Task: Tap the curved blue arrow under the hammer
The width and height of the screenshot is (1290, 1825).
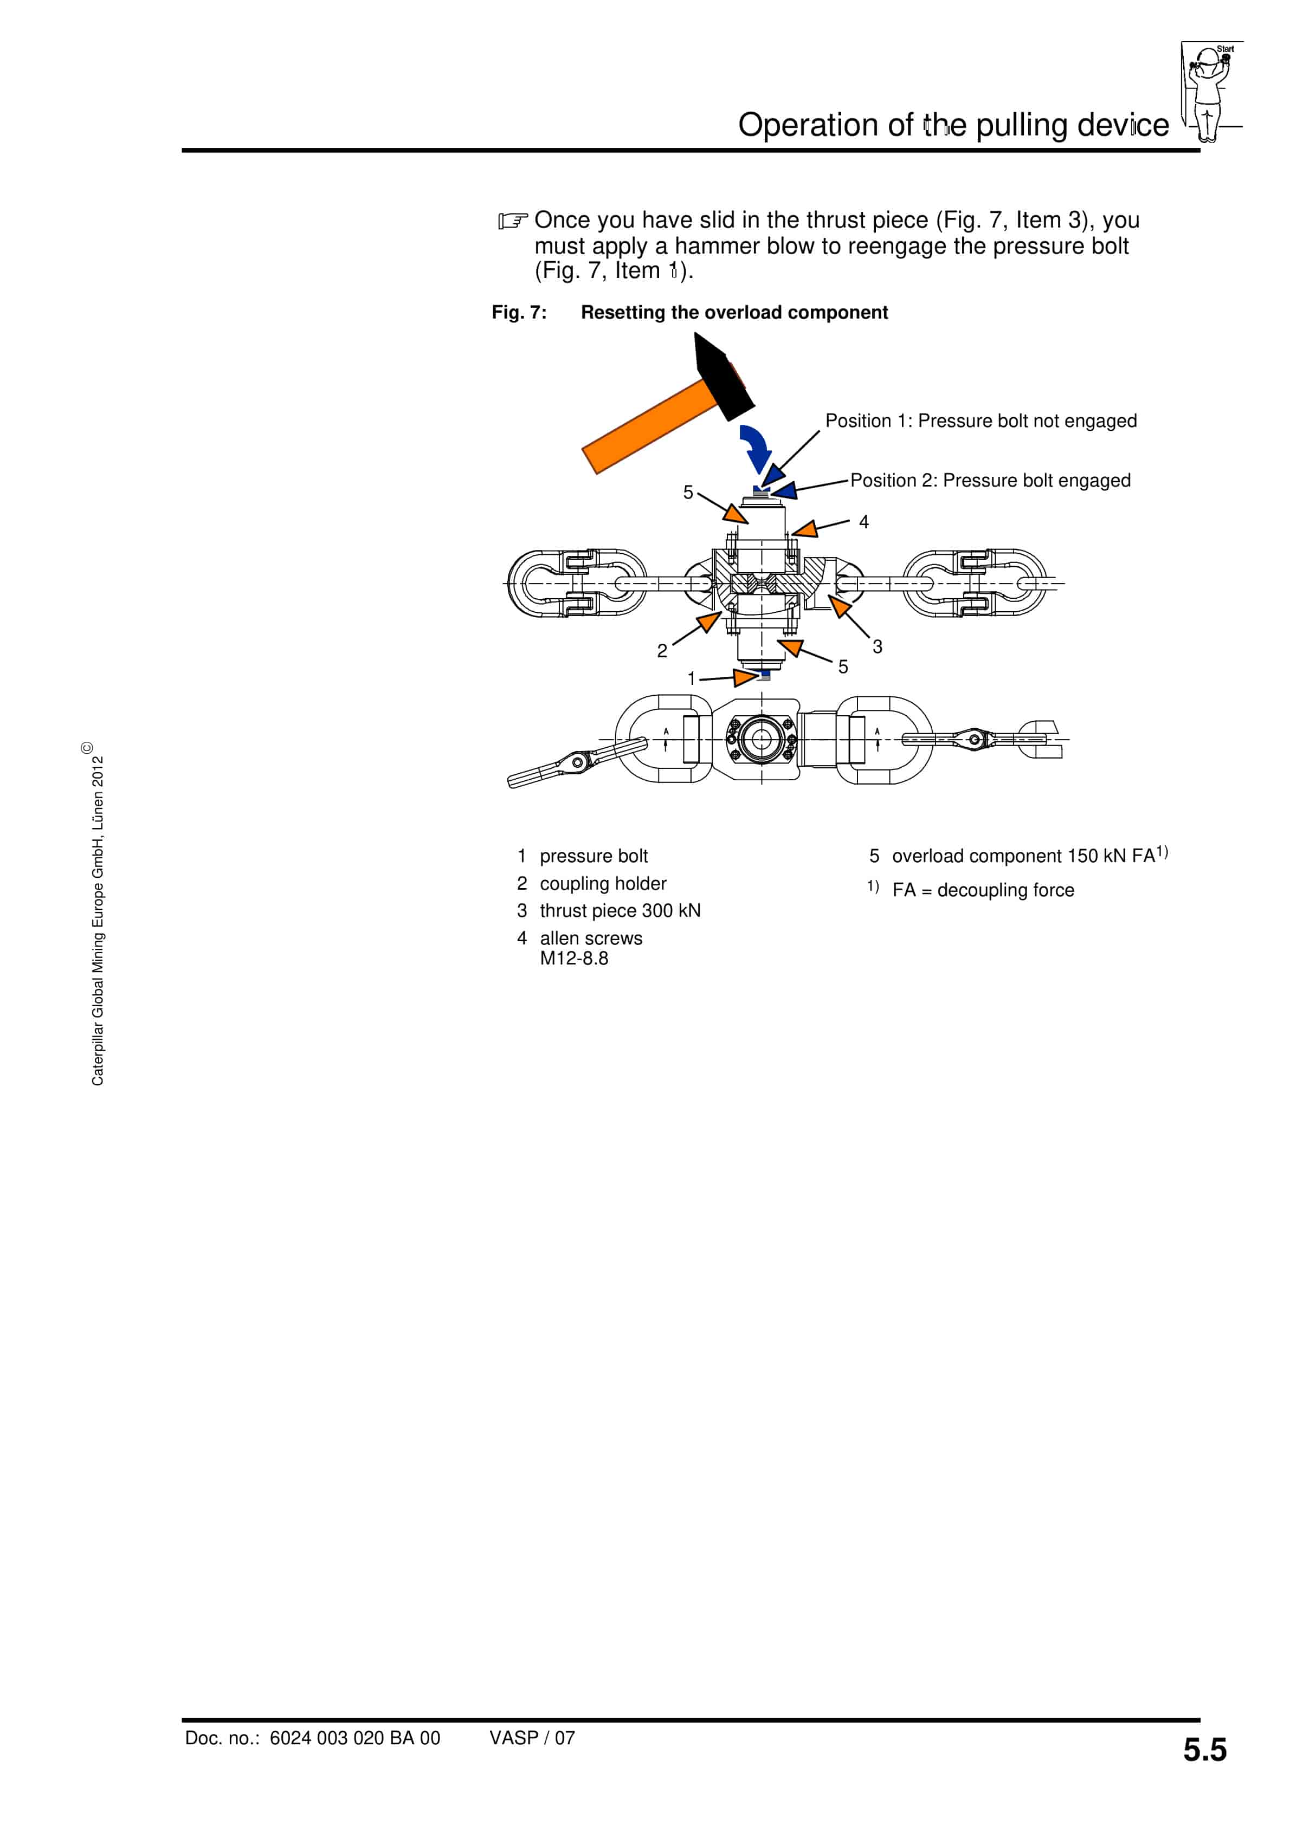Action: point(756,446)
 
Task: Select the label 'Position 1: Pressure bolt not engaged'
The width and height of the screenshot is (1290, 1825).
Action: point(981,420)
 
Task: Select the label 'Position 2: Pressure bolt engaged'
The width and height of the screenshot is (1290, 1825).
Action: point(990,480)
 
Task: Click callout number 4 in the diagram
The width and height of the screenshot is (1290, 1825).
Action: point(864,522)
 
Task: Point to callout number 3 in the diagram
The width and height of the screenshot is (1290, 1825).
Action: point(877,646)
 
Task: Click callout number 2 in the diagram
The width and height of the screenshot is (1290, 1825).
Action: point(662,651)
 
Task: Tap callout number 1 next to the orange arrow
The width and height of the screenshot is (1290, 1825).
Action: point(691,678)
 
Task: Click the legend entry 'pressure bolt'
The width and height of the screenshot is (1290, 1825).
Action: point(594,856)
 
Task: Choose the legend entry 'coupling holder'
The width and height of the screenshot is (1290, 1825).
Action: point(603,884)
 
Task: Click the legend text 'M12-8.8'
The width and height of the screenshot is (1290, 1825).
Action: point(574,959)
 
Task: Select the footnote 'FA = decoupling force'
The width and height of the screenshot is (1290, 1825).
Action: point(983,890)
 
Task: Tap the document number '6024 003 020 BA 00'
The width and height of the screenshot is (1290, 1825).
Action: point(354,1738)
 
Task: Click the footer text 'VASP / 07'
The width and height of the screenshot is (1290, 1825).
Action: point(532,1738)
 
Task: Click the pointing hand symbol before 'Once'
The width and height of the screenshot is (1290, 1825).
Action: point(513,220)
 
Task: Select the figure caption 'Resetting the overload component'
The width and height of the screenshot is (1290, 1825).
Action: point(734,312)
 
